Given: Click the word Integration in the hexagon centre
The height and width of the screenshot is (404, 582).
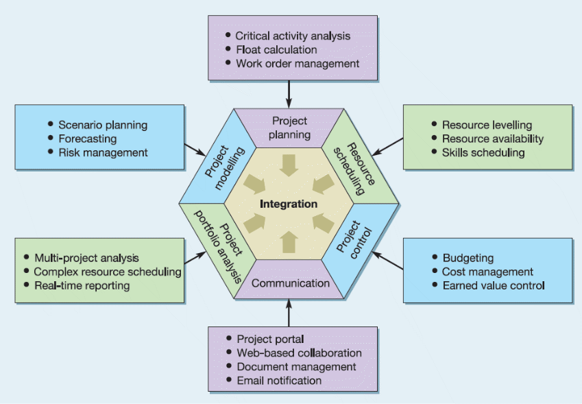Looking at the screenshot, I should [x=289, y=204].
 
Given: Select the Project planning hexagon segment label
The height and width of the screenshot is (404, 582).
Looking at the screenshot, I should [x=289, y=128].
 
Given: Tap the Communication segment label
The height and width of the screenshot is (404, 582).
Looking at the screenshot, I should [x=290, y=283].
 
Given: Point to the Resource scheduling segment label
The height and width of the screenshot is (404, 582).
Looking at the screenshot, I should [x=353, y=165].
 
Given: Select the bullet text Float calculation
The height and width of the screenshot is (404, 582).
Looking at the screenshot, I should [x=276, y=49].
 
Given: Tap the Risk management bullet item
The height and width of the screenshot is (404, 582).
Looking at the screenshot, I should [x=103, y=152].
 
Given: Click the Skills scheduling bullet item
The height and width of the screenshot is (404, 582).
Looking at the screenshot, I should [x=483, y=152].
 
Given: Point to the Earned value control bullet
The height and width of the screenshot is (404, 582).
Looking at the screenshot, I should [x=493, y=285].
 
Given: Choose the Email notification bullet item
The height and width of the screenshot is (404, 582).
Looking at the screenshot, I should [x=279, y=380].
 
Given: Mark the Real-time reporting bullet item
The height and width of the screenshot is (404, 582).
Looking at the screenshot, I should [x=82, y=285].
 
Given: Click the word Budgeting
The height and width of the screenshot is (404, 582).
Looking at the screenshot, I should [x=468, y=258].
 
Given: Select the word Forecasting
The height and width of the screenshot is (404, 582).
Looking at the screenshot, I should [x=92, y=139].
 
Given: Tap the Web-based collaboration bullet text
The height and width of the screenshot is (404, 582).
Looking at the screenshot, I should [x=299, y=353].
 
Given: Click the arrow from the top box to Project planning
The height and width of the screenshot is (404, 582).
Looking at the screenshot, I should [x=289, y=93].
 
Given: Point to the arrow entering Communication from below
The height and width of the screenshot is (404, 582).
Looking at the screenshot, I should [x=289, y=313].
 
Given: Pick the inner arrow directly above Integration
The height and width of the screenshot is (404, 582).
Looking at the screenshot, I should [x=289, y=165].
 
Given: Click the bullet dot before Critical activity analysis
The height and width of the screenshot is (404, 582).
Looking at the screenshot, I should [x=228, y=35].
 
